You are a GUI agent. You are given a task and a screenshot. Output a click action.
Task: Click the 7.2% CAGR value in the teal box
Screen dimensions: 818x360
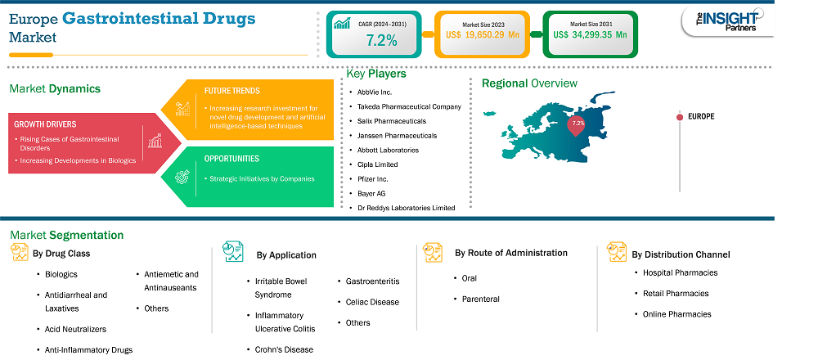pyautogui.click(x=381, y=40)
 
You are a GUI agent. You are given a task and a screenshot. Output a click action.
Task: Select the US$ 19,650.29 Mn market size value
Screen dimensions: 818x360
pyautogui.click(x=483, y=35)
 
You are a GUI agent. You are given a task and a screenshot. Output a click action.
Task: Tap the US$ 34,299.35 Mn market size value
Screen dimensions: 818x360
pyautogui.click(x=590, y=35)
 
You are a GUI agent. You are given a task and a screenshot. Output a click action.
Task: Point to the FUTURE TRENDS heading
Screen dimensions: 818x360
pyautogui.click(x=231, y=91)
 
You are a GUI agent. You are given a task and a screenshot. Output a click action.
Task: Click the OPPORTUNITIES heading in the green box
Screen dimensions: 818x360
pyautogui.click(x=231, y=159)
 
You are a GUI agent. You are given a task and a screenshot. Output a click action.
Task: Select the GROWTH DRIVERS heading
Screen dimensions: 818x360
pyautogui.click(x=45, y=124)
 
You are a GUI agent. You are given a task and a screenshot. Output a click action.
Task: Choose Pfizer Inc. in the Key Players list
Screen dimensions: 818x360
pyautogui.click(x=371, y=179)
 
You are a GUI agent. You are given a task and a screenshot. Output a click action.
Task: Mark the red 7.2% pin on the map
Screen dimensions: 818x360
pyautogui.click(x=577, y=126)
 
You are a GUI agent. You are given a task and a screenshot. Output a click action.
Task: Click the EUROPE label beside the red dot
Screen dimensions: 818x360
pyautogui.click(x=701, y=117)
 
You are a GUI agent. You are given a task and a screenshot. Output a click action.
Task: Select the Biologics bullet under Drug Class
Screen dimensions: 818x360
pyautogui.click(x=61, y=274)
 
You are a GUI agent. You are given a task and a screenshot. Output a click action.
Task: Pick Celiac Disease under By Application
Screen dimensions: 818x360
pyautogui.click(x=372, y=302)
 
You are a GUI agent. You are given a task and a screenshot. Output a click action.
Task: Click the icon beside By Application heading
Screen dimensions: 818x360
pyautogui.click(x=232, y=251)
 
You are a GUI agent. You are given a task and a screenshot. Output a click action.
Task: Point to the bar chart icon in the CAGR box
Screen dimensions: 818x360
pyautogui.click(x=342, y=24)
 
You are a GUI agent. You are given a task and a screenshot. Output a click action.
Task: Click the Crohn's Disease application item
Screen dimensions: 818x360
pyautogui.click(x=284, y=349)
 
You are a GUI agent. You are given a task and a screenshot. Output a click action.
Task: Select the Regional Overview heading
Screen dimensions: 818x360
pyautogui.click(x=529, y=83)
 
